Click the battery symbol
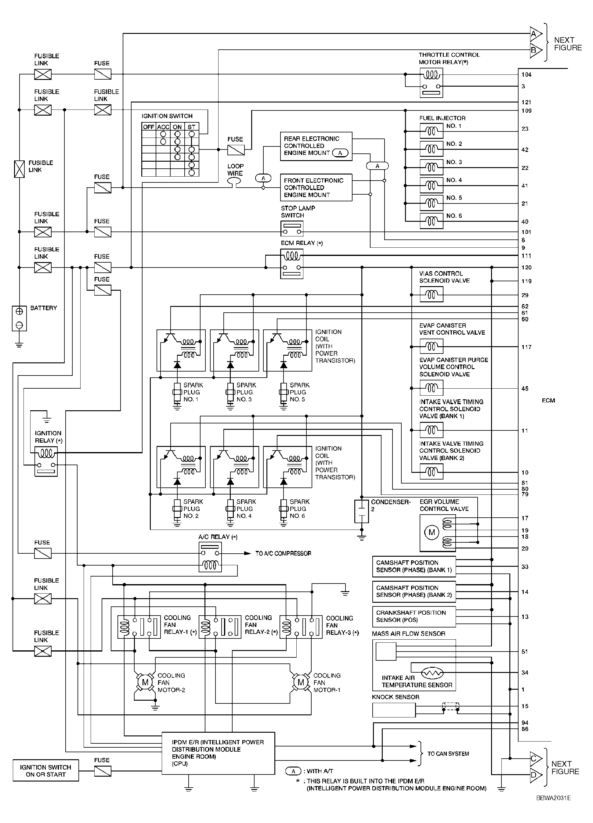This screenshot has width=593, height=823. pos(19,318)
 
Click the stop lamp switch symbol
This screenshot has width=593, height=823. pos(291,228)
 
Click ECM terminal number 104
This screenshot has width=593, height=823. pos(526,75)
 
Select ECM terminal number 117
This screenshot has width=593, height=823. pos(526,347)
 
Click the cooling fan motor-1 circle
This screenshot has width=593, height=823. pos(301,682)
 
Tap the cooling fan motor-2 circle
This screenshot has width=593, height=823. pos(145,682)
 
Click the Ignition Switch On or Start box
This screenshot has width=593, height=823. pos(46,771)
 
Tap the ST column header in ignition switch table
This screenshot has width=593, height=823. pos(191,127)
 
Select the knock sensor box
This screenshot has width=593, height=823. pos(394,710)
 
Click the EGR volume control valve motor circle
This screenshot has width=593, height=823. pos(432,532)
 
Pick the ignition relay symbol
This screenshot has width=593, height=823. pos(46,461)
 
